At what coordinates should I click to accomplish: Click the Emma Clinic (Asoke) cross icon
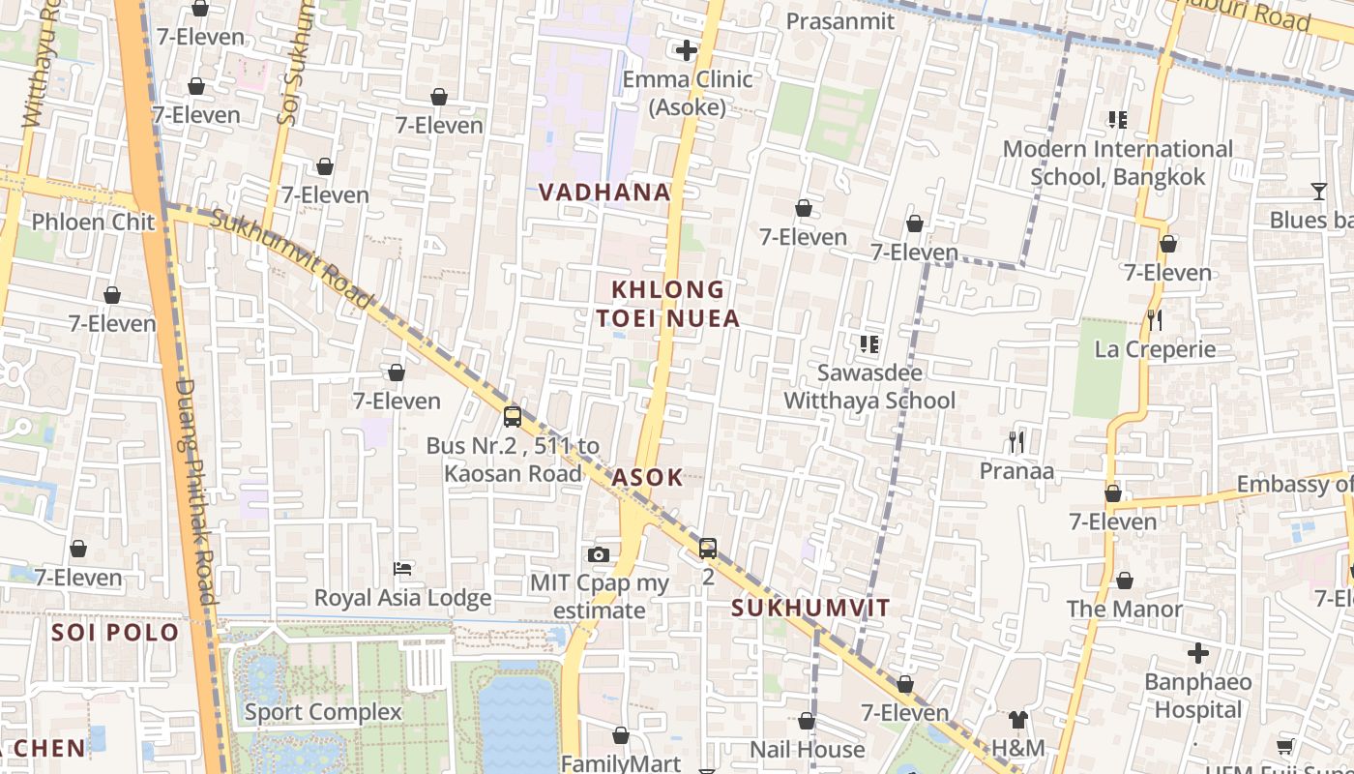tap(687, 50)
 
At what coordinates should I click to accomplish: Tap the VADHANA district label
tap(604, 193)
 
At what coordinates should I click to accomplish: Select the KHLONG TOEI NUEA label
tap(667, 304)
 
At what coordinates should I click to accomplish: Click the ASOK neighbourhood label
tap(647, 477)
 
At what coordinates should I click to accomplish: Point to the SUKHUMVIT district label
tap(810, 609)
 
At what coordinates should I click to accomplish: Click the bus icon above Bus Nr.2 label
tap(513, 417)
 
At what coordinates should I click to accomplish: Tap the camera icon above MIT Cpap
tap(599, 554)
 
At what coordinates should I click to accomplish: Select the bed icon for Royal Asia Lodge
tap(402, 568)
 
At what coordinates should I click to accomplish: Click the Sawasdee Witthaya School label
tap(869, 387)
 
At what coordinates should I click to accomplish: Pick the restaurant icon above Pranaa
tap(1015, 442)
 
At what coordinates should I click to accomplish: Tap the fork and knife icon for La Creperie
tap(1154, 319)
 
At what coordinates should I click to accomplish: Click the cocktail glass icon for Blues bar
tap(1318, 191)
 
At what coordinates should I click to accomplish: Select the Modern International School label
tap(1117, 163)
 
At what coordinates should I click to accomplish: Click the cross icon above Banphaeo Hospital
tap(1198, 653)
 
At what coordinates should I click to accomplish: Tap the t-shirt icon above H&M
tap(1017, 719)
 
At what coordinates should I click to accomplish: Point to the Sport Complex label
tap(322, 713)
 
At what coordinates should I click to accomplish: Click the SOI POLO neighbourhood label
tap(115, 633)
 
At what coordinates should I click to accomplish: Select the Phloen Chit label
tap(93, 222)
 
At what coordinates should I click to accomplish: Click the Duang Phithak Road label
tap(194, 491)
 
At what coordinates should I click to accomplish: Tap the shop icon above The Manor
tap(1124, 580)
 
